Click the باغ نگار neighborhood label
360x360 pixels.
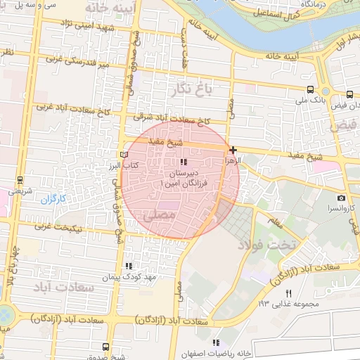(x=188, y=89)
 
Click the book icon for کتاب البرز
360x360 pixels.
(x=125, y=153)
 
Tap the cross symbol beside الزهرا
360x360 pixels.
(x=233, y=150)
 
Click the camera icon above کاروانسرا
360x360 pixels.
(x=342, y=198)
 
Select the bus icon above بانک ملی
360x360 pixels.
(x=311, y=89)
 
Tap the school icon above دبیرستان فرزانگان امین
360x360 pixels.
(x=184, y=162)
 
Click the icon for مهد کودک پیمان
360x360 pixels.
(x=128, y=266)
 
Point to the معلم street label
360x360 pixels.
(x=274, y=224)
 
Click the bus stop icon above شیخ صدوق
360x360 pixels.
(x=105, y=347)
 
